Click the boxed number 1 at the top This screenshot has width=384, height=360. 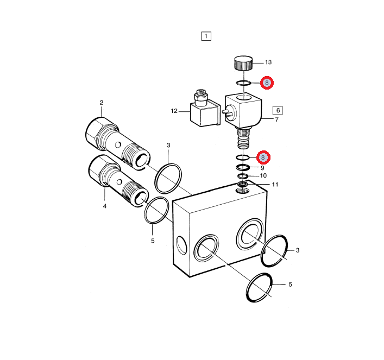point(206,36)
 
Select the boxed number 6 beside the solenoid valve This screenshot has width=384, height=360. point(278,110)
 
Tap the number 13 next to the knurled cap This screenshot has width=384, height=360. point(268,62)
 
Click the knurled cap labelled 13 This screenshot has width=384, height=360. point(243,62)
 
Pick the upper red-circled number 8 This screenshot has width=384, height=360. point(267,83)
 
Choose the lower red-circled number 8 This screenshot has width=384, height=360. point(263,157)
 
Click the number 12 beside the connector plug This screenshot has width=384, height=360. point(174,111)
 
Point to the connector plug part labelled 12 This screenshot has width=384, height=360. point(205,110)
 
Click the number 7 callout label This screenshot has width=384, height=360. point(277,120)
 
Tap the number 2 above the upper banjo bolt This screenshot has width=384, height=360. point(102,103)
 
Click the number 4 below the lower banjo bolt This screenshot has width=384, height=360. point(105,206)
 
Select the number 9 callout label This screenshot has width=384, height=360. point(262,168)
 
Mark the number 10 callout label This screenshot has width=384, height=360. point(263,175)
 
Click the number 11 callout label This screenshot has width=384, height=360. point(275,185)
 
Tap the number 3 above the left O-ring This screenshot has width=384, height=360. point(168,145)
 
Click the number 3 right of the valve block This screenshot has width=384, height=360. point(298,250)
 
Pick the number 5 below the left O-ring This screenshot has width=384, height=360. point(153,241)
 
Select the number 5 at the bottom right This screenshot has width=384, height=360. point(290,285)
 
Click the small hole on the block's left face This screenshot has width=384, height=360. point(181,245)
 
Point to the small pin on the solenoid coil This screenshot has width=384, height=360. point(225,112)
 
